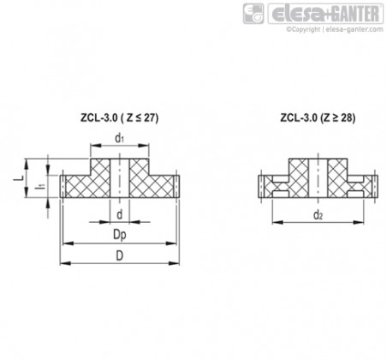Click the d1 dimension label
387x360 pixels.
(120, 138)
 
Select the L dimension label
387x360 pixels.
(19, 178)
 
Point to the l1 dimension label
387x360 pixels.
(40, 187)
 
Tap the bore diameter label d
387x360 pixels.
(120, 214)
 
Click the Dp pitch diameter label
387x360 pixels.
(120, 235)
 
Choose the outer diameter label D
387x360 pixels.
(120, 255)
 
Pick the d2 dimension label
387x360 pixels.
(318, 215)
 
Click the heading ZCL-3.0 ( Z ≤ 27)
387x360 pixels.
(119, 118)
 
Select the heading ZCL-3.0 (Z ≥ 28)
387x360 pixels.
(318, 118)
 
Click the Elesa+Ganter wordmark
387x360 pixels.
(325, 14)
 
